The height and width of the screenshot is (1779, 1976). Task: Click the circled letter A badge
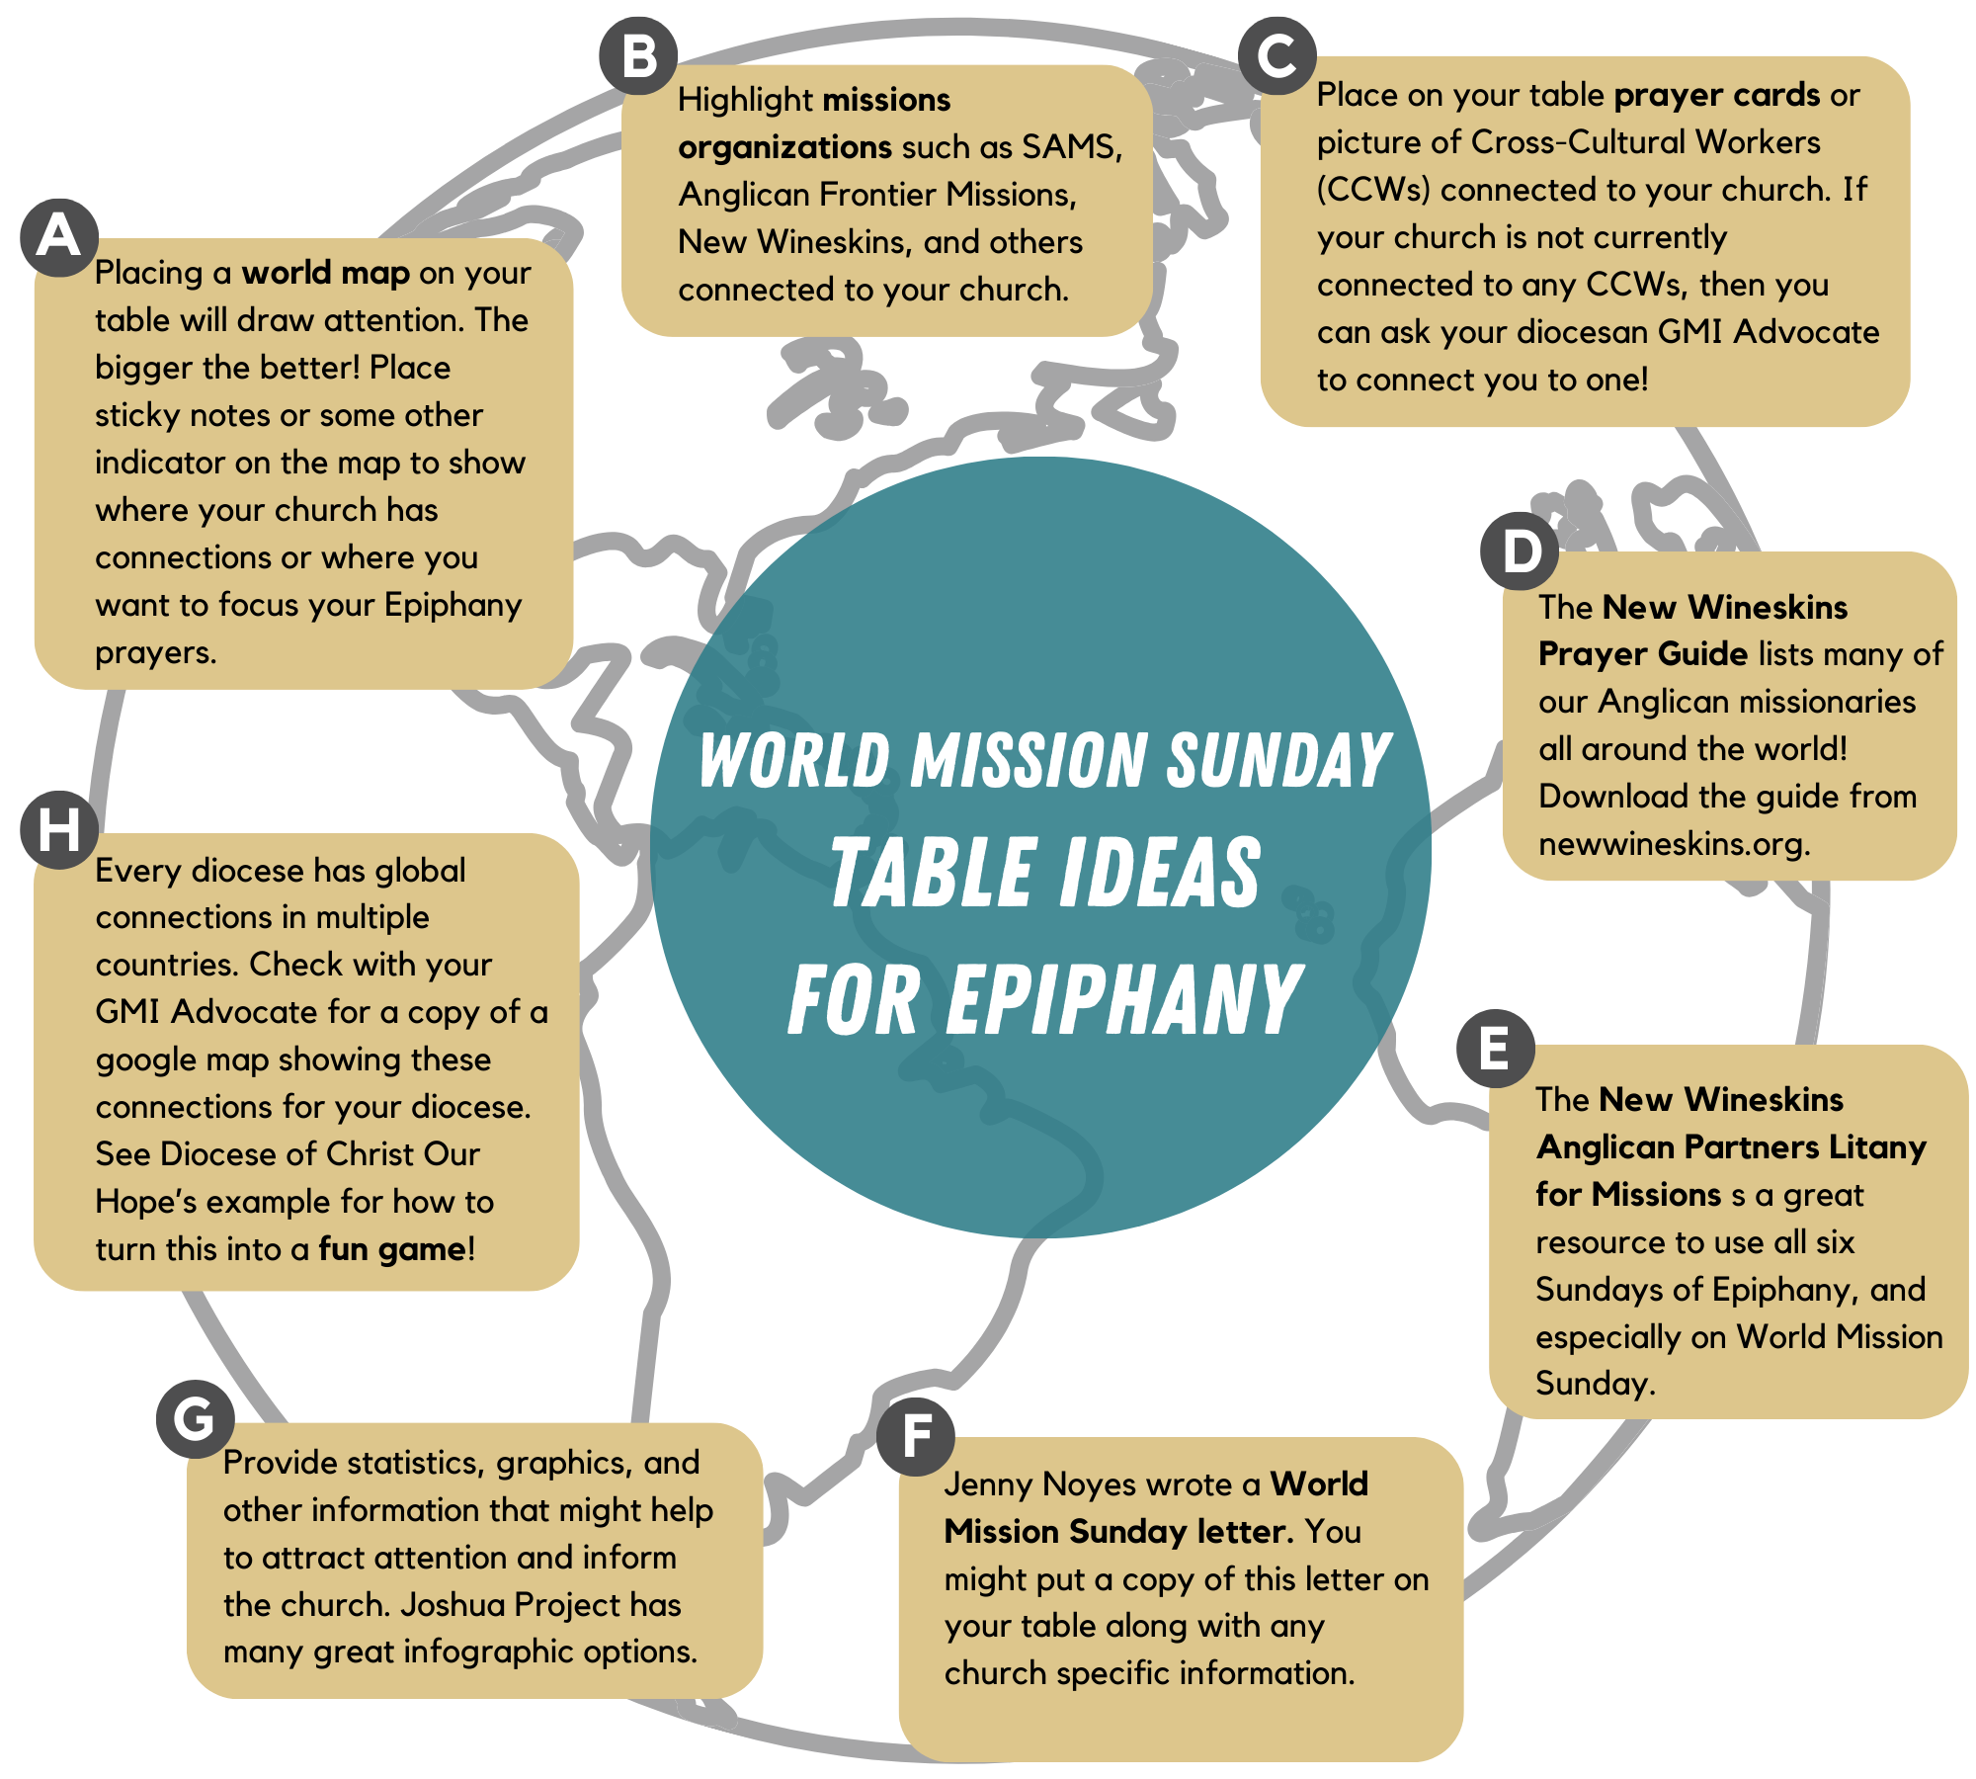[x=59, y=238]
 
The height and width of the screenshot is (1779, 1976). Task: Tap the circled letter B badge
[x=638, y=56]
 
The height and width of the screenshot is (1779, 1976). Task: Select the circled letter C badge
[x=1276, y=56]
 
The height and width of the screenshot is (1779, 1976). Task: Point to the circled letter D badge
[x=1520, y=551]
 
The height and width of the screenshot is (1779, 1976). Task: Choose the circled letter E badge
[x=1495, y=1049]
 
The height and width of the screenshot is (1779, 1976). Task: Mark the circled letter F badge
[x=915, y=1436]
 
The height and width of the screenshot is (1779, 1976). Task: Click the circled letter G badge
[x=195, y=1419]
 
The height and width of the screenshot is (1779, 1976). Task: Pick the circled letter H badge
[x=59, y=829]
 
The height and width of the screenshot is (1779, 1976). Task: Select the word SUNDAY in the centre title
[x=1278, y=761]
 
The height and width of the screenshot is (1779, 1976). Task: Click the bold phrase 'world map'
[x=325, y=273]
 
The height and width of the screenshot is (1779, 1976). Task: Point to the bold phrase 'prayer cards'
[x=1716, y=95]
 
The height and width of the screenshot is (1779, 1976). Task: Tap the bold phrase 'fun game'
[x=392, y=1249]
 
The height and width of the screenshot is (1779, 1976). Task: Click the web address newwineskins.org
[x=1674, y=844]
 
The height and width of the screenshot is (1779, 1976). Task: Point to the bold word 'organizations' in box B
[x=784, y=147]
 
